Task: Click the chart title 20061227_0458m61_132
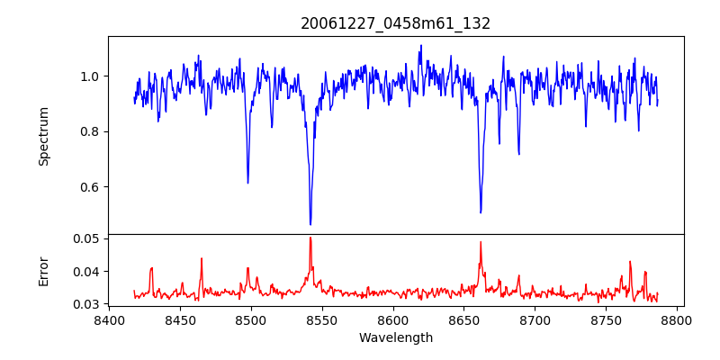(395, 23)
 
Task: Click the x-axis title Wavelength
(395, 337)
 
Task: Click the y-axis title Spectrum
(43, 136)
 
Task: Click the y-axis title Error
(43, 271)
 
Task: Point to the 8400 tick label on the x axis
(109, 319)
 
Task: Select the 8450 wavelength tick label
(180, 319)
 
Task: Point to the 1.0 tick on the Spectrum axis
(92, 76)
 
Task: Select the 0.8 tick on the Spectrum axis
(92, 131)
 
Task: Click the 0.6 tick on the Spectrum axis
(92, 187)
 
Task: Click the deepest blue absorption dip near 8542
(310, 224)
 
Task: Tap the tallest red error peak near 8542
(310, 238)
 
